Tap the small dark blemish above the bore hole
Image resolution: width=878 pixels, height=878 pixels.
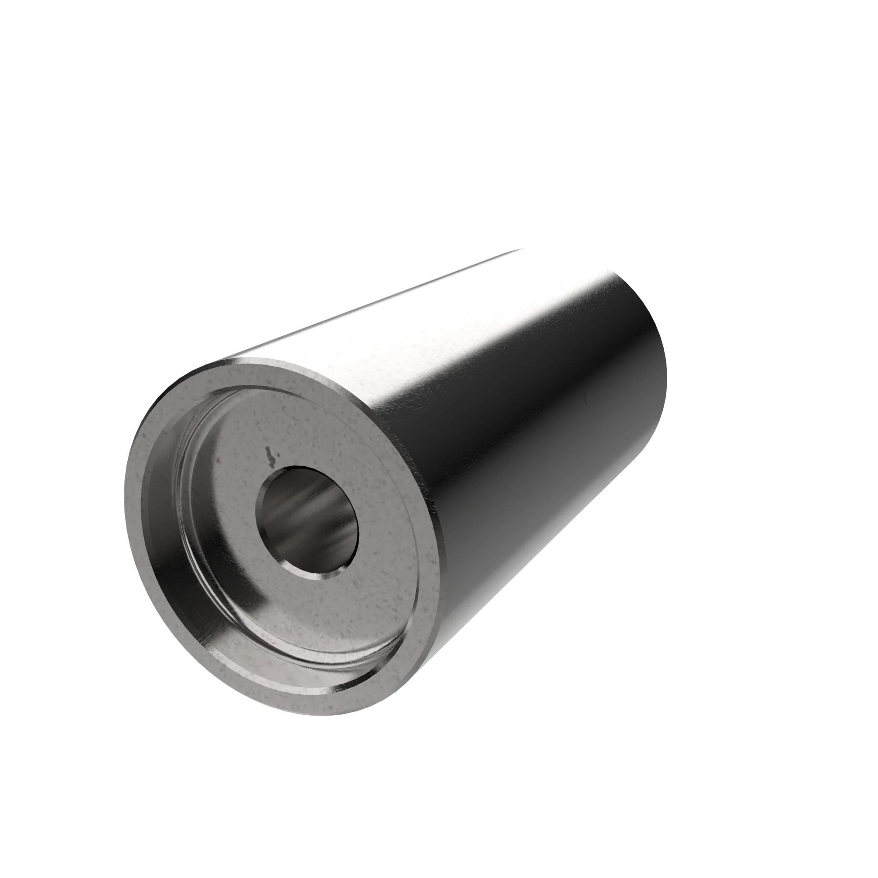tap(270, 456)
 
